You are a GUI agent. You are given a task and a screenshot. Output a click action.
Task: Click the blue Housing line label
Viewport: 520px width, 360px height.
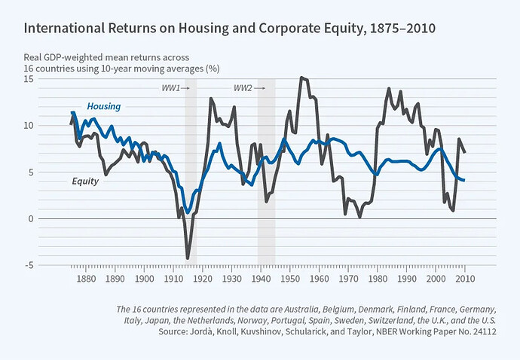point(104,107)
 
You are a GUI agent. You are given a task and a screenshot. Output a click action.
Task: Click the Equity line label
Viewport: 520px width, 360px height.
point(85,181)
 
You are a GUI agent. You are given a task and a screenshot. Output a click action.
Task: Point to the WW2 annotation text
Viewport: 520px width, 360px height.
point(243,89)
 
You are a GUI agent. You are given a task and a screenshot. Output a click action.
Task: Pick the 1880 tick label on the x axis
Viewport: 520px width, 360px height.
point(86,279)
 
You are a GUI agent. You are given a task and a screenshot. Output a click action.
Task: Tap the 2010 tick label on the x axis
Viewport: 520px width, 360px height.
point(464,279)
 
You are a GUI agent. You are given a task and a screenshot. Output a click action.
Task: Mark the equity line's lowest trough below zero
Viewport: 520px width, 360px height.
point(187,258)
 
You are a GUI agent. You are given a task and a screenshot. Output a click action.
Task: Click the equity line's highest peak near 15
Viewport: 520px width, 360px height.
point(301,78)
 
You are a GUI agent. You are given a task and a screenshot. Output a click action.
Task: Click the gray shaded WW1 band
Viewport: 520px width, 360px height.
point(191,173)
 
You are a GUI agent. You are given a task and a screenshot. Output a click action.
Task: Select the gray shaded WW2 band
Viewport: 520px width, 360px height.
point(266,173)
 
